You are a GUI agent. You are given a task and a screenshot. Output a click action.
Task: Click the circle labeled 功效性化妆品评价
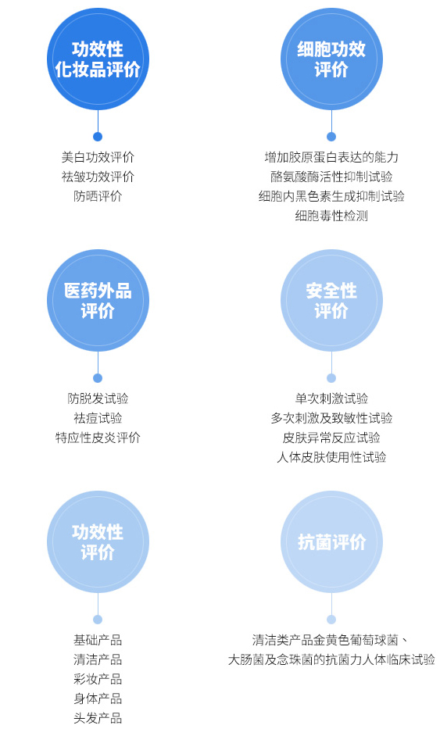(x=98, y=59)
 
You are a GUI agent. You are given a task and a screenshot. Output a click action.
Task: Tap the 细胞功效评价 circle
(x=331, y=59)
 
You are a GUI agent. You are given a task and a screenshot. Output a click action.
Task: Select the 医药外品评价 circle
(x=98, y=300)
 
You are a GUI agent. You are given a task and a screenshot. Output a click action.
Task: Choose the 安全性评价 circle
(x=331, y=300)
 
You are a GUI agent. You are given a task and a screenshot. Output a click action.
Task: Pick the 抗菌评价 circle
(x=331, y=542)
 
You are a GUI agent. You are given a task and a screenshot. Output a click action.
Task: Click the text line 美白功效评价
(x=98, y=157)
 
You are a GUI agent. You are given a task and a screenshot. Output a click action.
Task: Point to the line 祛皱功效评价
(x=98, y=177)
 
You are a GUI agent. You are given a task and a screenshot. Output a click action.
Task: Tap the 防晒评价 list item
(x=98, y=196)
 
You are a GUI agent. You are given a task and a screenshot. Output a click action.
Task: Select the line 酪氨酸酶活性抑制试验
(x=331, y=177)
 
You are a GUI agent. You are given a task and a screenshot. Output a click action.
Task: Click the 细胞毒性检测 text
(x=331, y=216)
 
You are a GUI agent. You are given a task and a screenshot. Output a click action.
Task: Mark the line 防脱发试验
(x=98, y=398)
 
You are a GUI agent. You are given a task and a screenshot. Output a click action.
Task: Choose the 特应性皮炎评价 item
(x=98, y=438)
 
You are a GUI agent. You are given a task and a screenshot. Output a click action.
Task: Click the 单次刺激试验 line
(x=331, y=398)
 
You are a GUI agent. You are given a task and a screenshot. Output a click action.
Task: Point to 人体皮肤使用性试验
(x=331, y=457)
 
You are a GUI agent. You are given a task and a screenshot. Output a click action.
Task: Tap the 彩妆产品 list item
(x=98, y=679)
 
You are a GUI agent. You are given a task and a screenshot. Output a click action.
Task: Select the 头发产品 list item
(x=98, y=718)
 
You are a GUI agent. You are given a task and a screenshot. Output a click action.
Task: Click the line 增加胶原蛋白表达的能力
(x=331, y=157)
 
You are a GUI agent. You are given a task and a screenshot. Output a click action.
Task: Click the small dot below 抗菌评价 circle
(x=331, y=620)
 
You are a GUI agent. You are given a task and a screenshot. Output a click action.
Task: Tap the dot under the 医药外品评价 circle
(x=98, y=378)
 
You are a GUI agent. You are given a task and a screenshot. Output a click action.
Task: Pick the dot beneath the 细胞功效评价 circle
(x=331, y=137)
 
